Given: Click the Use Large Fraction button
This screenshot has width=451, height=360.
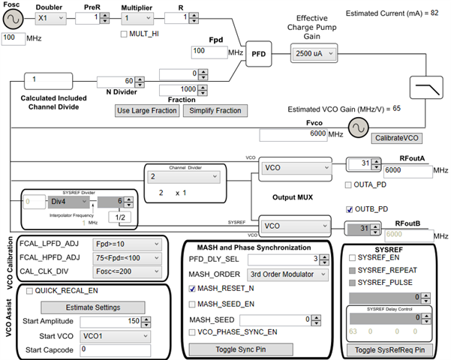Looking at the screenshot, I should pyautogui.click(x=147, y=110).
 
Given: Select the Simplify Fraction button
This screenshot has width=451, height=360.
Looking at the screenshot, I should pyautogui.click(x=215, y=110).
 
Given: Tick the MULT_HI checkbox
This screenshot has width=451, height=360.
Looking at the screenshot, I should pyautogui.click(x=125, y=34).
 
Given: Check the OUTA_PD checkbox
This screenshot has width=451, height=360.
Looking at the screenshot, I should pyautogui.click(x=349, y=184).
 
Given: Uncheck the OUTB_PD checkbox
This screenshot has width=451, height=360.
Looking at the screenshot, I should pyautogui.click(x=349, y=208).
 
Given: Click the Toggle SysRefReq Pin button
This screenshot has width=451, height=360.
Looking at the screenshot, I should pyautogui.click(x=389, y=349).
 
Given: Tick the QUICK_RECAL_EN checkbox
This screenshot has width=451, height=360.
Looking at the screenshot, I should pyautogui.click(x=29, y=292).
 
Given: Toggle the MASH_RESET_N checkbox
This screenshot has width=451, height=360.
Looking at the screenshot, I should pyautogui.click(x=192, y=288).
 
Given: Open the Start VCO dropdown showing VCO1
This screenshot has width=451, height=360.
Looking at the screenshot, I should pyautogui.click(x=116, y=335).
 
